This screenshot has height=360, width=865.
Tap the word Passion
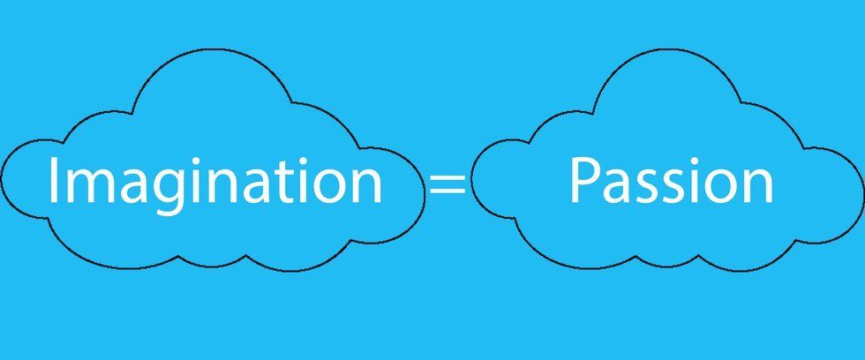[x=672, y=179]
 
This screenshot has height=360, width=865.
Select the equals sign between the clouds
[x=448, y=183]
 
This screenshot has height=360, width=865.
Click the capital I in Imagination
[x=52, y=179]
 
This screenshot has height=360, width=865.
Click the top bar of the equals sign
[x=448, y=176]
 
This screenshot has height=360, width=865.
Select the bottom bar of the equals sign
[x=448, y=191]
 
